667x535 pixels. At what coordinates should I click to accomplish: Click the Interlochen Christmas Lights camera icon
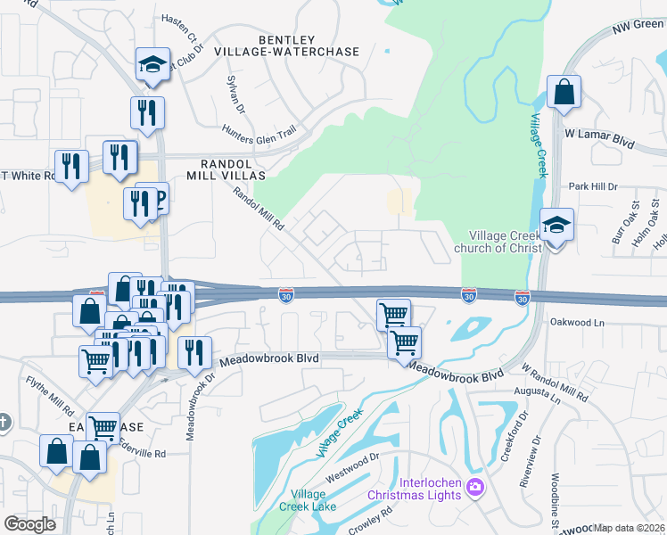point(475,487)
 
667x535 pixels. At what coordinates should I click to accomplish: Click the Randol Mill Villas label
point(233,170)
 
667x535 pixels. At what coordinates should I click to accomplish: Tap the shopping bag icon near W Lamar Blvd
point(564,92)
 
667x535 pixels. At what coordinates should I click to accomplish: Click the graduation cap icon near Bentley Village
point(152,64)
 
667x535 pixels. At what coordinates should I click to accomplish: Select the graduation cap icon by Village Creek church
point(556,226)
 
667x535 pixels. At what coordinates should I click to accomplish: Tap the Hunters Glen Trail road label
point(259,134)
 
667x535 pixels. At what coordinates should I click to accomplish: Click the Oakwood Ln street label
point(577,321)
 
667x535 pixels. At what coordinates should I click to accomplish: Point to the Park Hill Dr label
point(593,187)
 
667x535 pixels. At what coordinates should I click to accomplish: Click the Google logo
point(30,524)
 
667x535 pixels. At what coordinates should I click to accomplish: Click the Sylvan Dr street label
point(236,90)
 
